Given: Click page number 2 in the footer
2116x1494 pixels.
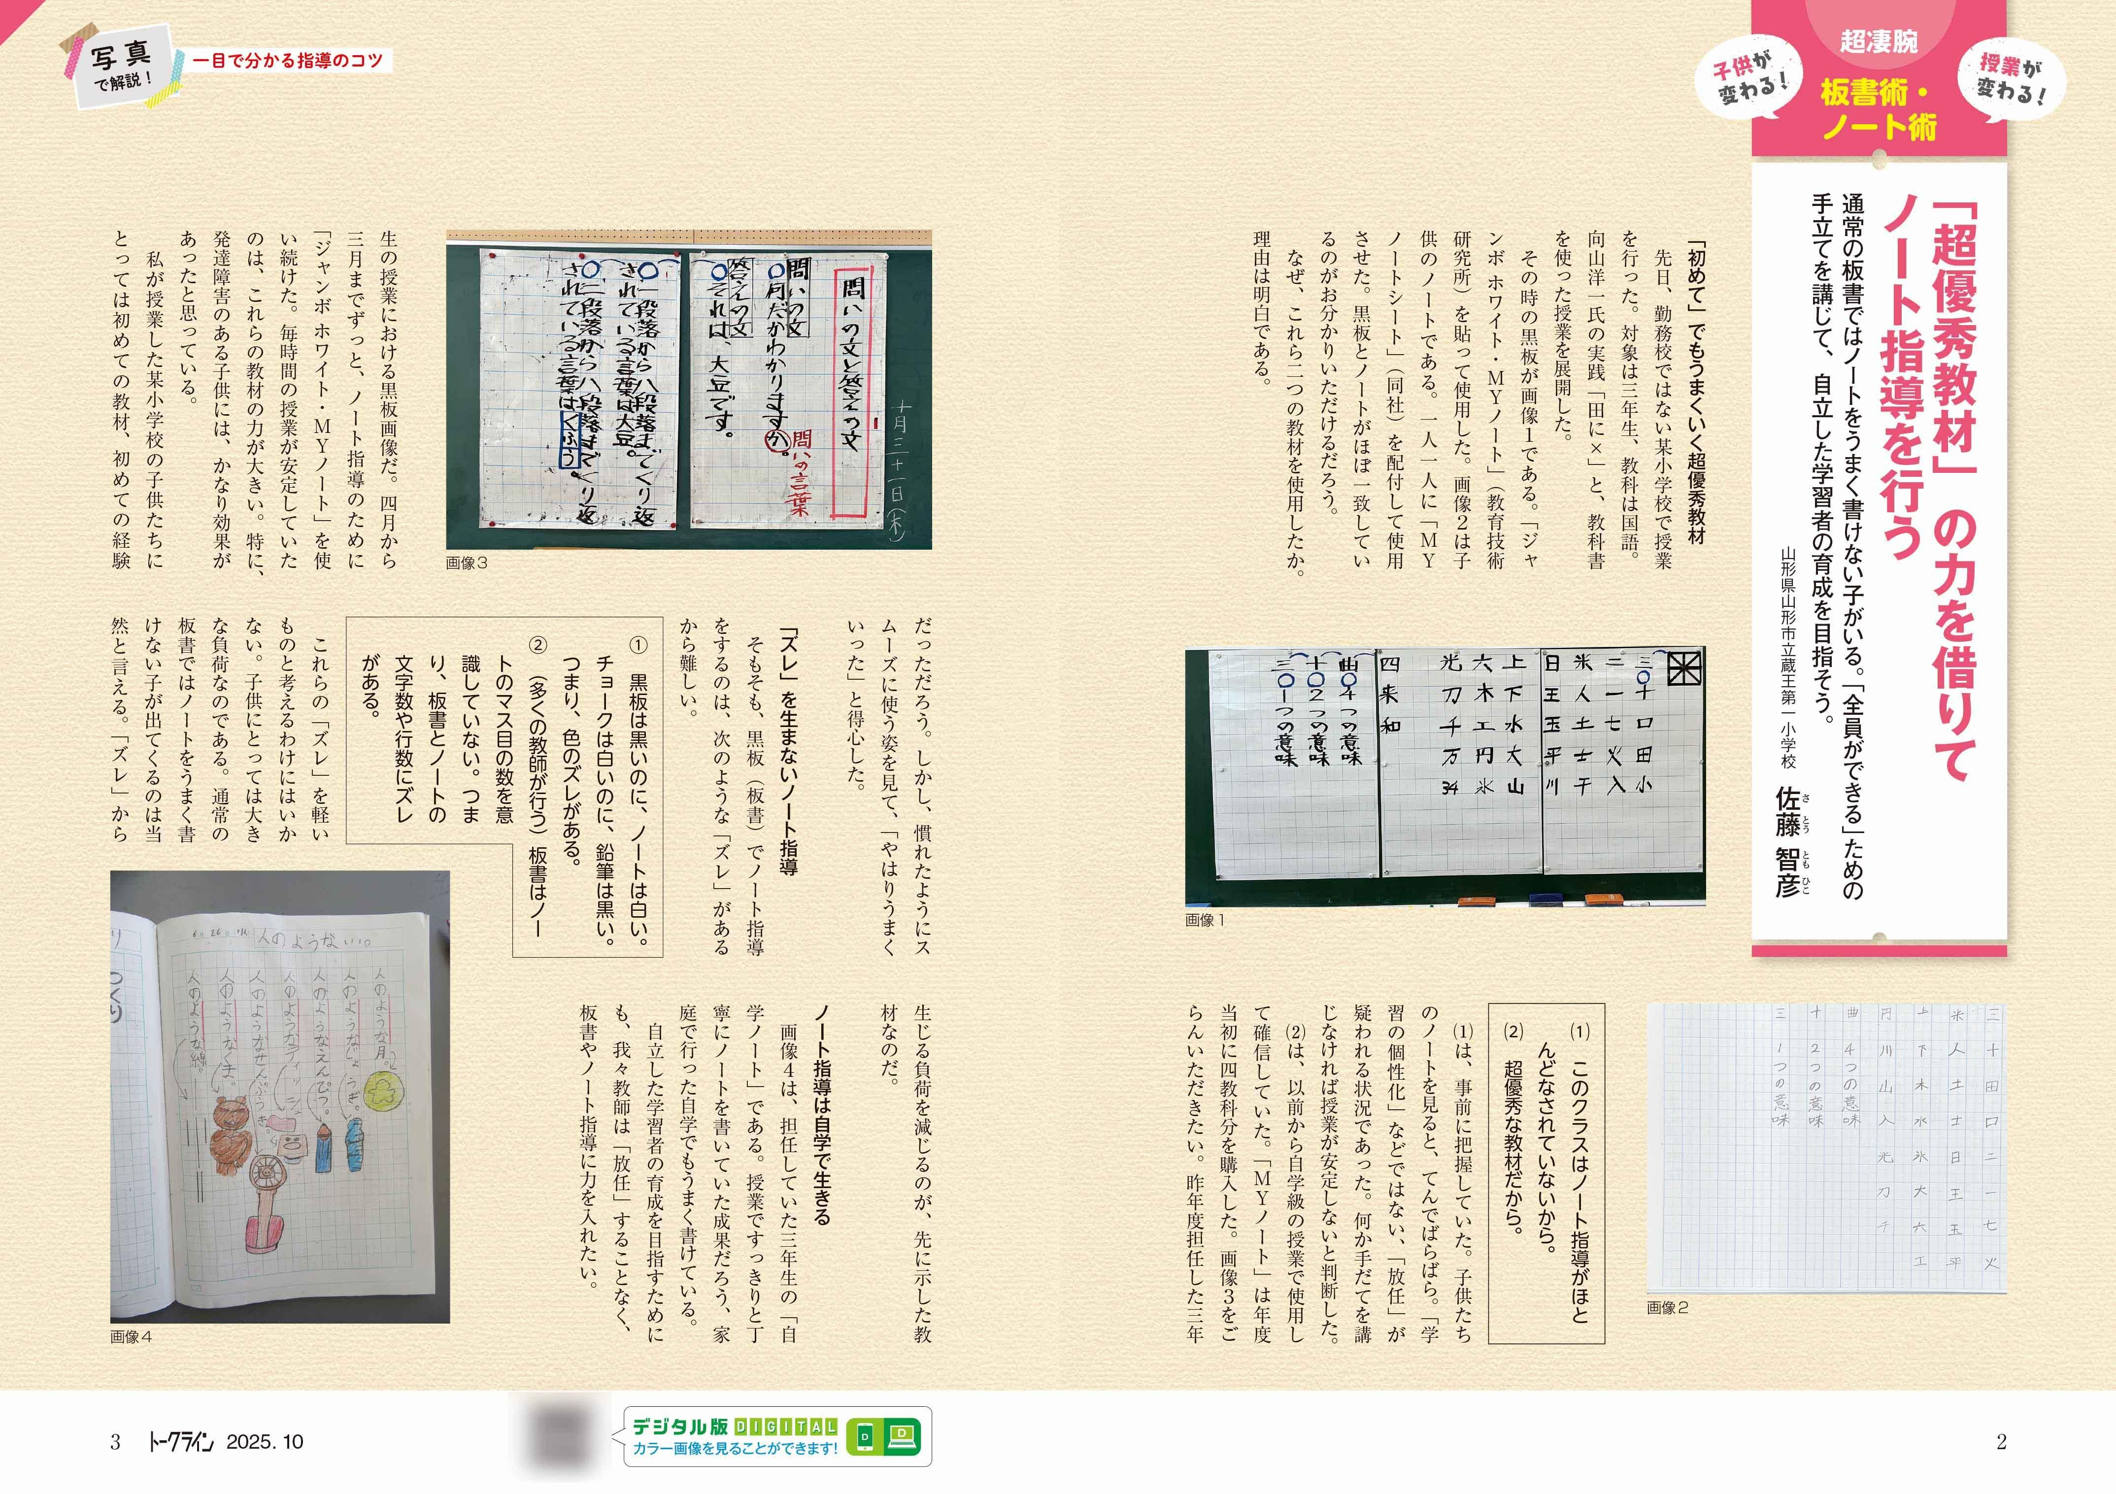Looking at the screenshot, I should [2001, 1442].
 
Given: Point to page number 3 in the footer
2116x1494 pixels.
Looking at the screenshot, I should [115, 1442].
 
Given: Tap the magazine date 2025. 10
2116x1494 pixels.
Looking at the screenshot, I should [265, 1442].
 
